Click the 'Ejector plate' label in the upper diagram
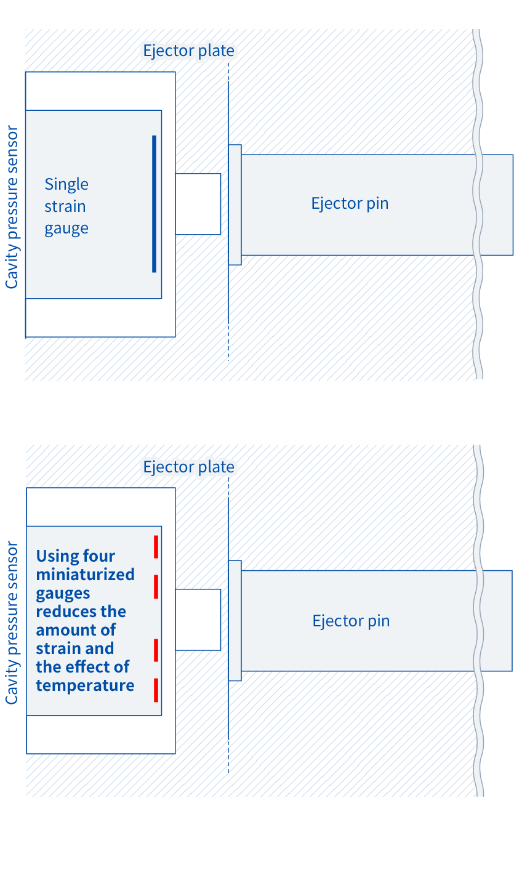(x=188, y=51)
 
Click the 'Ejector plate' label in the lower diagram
(x=188, y=467)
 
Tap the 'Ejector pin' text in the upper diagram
(x=350, y=204)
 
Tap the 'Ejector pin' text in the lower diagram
(x=351, y=621)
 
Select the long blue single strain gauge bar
(x=154, y=204)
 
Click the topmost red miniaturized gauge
(x=156, y=546)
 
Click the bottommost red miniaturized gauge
(x=156, y=690)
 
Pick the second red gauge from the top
(x=156, y=586)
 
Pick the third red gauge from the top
(x=156, y=650)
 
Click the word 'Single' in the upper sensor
(x=66, y=185)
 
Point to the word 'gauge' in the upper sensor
(x=66, y=228)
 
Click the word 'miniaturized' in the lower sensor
(x=86, y=575)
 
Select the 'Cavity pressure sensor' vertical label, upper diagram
(x=12, y=207)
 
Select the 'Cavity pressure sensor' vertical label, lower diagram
(x=12, y=623)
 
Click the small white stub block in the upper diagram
(x=198, y=204)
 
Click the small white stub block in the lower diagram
(x=198, y=620)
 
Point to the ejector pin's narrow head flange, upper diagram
(x=235, y=204)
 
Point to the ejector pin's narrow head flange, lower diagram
(x=235, y=621)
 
